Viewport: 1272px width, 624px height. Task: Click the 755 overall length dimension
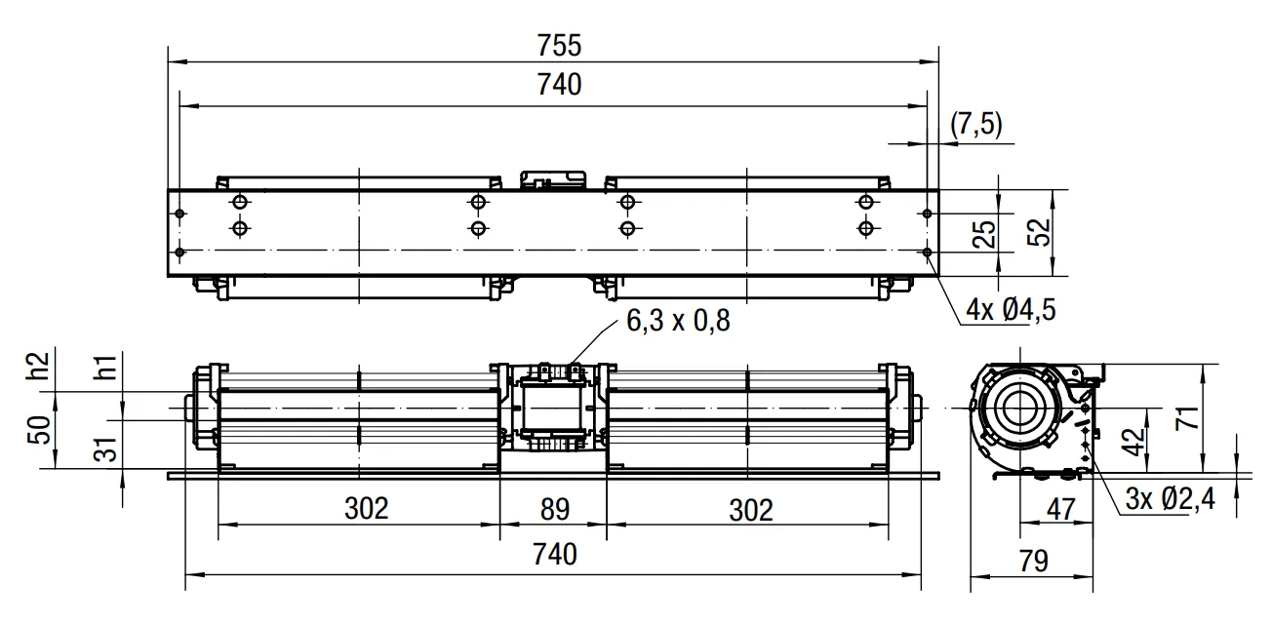pos(559,46)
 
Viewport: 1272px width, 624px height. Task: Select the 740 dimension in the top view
pos(559,85)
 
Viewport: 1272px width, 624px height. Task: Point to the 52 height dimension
pos(1039,232)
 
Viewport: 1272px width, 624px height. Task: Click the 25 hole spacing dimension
pos(984,233)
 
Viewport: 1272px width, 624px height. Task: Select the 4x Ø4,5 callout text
pos(1011,310)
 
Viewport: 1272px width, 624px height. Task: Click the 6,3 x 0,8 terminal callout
pos(678,321)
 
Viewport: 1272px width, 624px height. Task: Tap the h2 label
pos(39,366)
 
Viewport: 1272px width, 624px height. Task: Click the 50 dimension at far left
pos(39,430)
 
